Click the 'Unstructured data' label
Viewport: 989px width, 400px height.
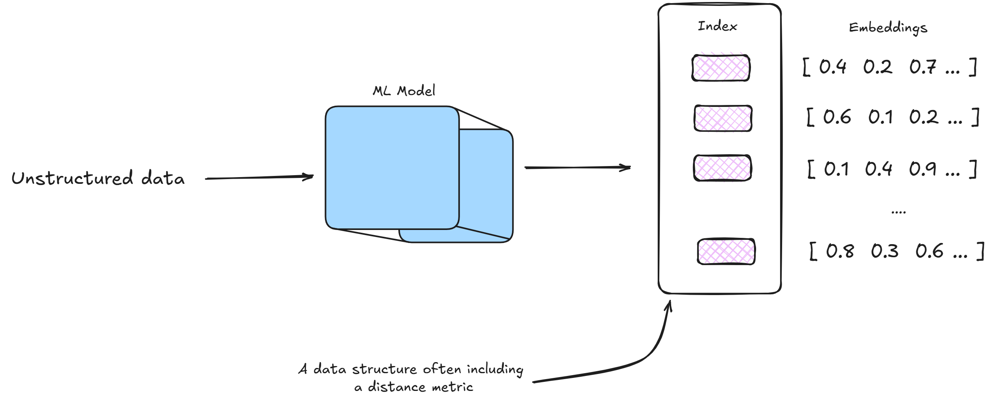click(98, 178)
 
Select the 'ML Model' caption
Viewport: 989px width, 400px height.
click(404, 91)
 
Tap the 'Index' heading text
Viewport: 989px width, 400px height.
click(717, 26)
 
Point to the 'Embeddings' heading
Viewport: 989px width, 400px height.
click(888, 28)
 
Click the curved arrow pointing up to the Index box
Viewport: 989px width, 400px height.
click(647, 355)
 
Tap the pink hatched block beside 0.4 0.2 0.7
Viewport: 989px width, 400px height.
click(721, 68)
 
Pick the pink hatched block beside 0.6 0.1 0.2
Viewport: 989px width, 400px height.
click(723, 118)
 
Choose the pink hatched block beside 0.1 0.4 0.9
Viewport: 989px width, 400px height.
click(723, 168)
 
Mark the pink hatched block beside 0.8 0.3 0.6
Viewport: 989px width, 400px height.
click(726, 251)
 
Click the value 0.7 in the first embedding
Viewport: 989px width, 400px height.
click(922, 67)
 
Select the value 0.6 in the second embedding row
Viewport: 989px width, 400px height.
click(837, 117)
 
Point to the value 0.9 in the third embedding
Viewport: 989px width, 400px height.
click(922, 169)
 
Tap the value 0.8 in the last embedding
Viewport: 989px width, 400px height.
click(840, 251)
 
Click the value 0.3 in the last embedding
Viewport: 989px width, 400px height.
click(885, 251)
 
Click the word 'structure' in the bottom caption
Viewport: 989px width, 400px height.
click(384, 369)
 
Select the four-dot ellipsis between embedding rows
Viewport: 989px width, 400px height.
click(898, 213)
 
